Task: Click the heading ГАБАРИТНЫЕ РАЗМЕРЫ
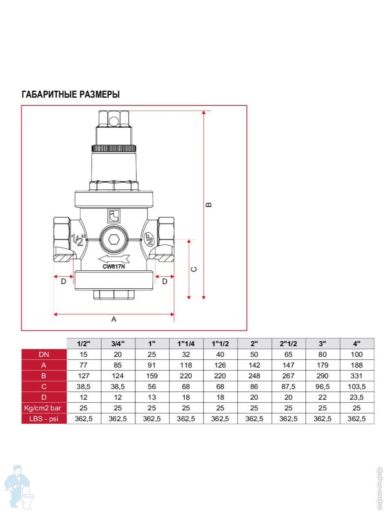tap(70, 95)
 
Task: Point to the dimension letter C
tap(193, 269)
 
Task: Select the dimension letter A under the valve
tap(114, 319)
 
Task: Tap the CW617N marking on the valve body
tap(114, 266)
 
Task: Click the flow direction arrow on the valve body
tap(113, 259)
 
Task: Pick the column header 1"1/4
tap(187, 344)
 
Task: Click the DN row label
tap(44, 354)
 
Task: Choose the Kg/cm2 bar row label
tap(44, 408)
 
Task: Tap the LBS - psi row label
tap(44, 419)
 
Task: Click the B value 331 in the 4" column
tap(356, 376)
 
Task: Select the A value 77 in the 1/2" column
tap(84, 365)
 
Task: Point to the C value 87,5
tap(288, 387)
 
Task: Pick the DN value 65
tap(288, 354)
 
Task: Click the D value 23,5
tap(356, 397)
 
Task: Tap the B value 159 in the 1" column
tap(152, 376)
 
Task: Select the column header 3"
tap(323, 344)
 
